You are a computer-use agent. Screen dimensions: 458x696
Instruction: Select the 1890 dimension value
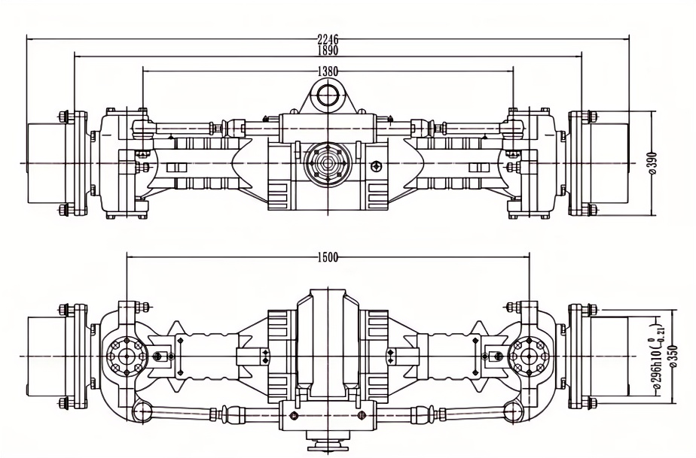click(328, 50)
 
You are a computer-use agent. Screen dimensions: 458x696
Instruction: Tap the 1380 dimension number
click(328, 70)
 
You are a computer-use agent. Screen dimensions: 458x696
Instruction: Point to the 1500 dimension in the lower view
click(328, 256)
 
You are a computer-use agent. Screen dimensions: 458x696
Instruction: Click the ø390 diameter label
click(652, 163)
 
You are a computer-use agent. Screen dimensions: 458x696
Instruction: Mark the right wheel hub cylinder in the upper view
click(609, 163)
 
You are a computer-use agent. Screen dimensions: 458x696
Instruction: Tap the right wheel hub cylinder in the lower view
click(609, 356)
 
